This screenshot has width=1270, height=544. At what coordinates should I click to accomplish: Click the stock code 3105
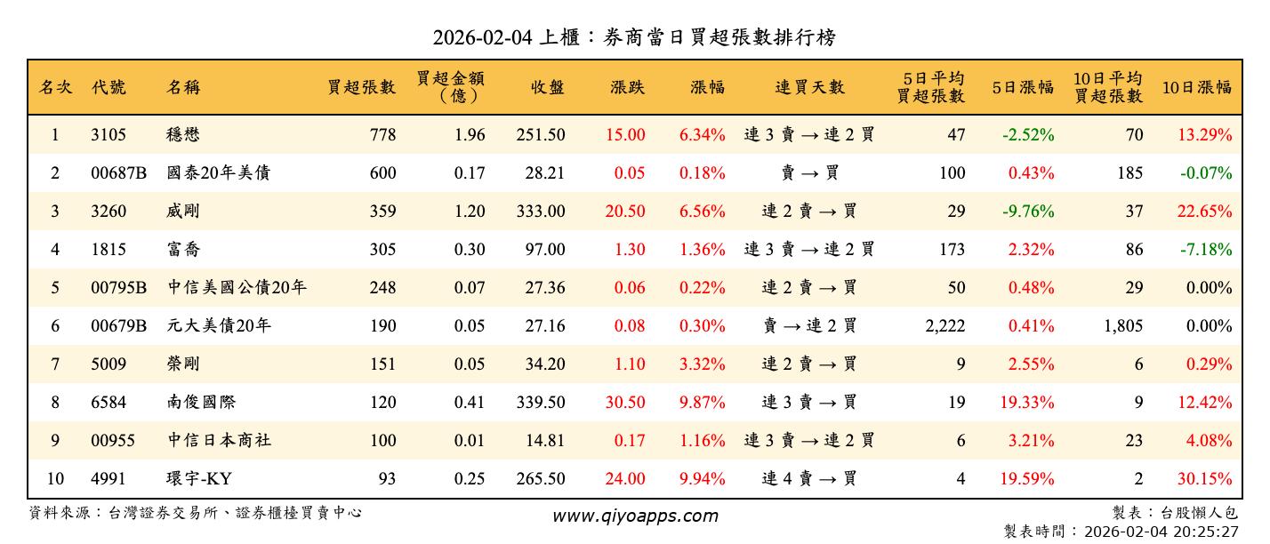(x=109, y=135)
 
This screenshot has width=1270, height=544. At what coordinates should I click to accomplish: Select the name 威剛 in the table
(x=184, y=212)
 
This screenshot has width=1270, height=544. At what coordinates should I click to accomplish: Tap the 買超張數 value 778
(x=382, y=135)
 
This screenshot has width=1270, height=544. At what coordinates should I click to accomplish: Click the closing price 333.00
(x=540, y=212)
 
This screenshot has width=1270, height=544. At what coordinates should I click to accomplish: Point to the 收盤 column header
(x=547, y=87)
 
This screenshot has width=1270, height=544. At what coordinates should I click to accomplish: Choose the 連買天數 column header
(x=809, y=87)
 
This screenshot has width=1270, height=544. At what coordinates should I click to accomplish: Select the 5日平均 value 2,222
(x=944, y=326)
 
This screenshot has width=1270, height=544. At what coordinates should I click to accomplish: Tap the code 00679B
(x=118, y=326)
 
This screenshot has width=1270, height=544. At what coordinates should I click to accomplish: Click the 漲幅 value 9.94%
(x=702, y=479)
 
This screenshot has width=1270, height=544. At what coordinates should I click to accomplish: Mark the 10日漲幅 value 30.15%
(x=1205, y=479)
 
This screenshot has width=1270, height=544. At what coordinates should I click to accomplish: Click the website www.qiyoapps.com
(x=635, y=516)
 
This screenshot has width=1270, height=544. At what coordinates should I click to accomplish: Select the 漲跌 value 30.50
(x=625, y=403)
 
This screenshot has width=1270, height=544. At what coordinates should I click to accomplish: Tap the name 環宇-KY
(x=199, y=479)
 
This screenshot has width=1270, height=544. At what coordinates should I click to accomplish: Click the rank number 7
(x=55, y=364)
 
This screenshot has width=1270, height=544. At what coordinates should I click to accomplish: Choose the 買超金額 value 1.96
(x=470, y=135)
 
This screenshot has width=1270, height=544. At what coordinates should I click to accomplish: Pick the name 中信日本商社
(x=220, y=441)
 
